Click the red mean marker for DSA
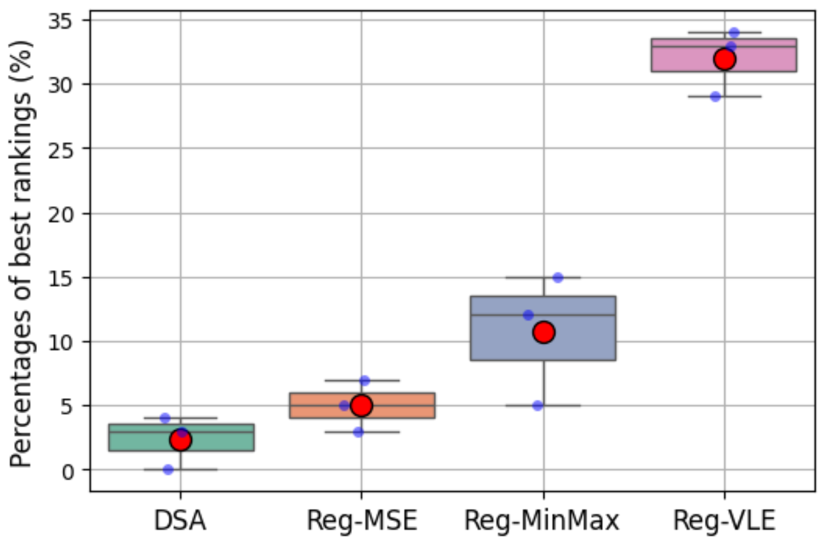pos(180,440)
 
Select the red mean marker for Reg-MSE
pos(361,406)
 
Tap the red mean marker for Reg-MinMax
pos(544,332)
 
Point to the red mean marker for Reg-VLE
pos(724,59)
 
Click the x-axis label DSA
pos(180,521)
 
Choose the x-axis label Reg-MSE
pos(362,521)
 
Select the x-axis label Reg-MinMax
pos(542,521)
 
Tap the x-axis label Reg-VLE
pos(724,521)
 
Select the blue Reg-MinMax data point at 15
pos(558,278)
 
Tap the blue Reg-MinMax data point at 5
pos(537,406)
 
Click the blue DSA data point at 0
pos(168,470)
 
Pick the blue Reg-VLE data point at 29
pos(715,97)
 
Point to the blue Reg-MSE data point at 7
pos(365,380)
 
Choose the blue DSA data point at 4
pos(165,419)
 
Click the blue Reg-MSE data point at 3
pos(358,432)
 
